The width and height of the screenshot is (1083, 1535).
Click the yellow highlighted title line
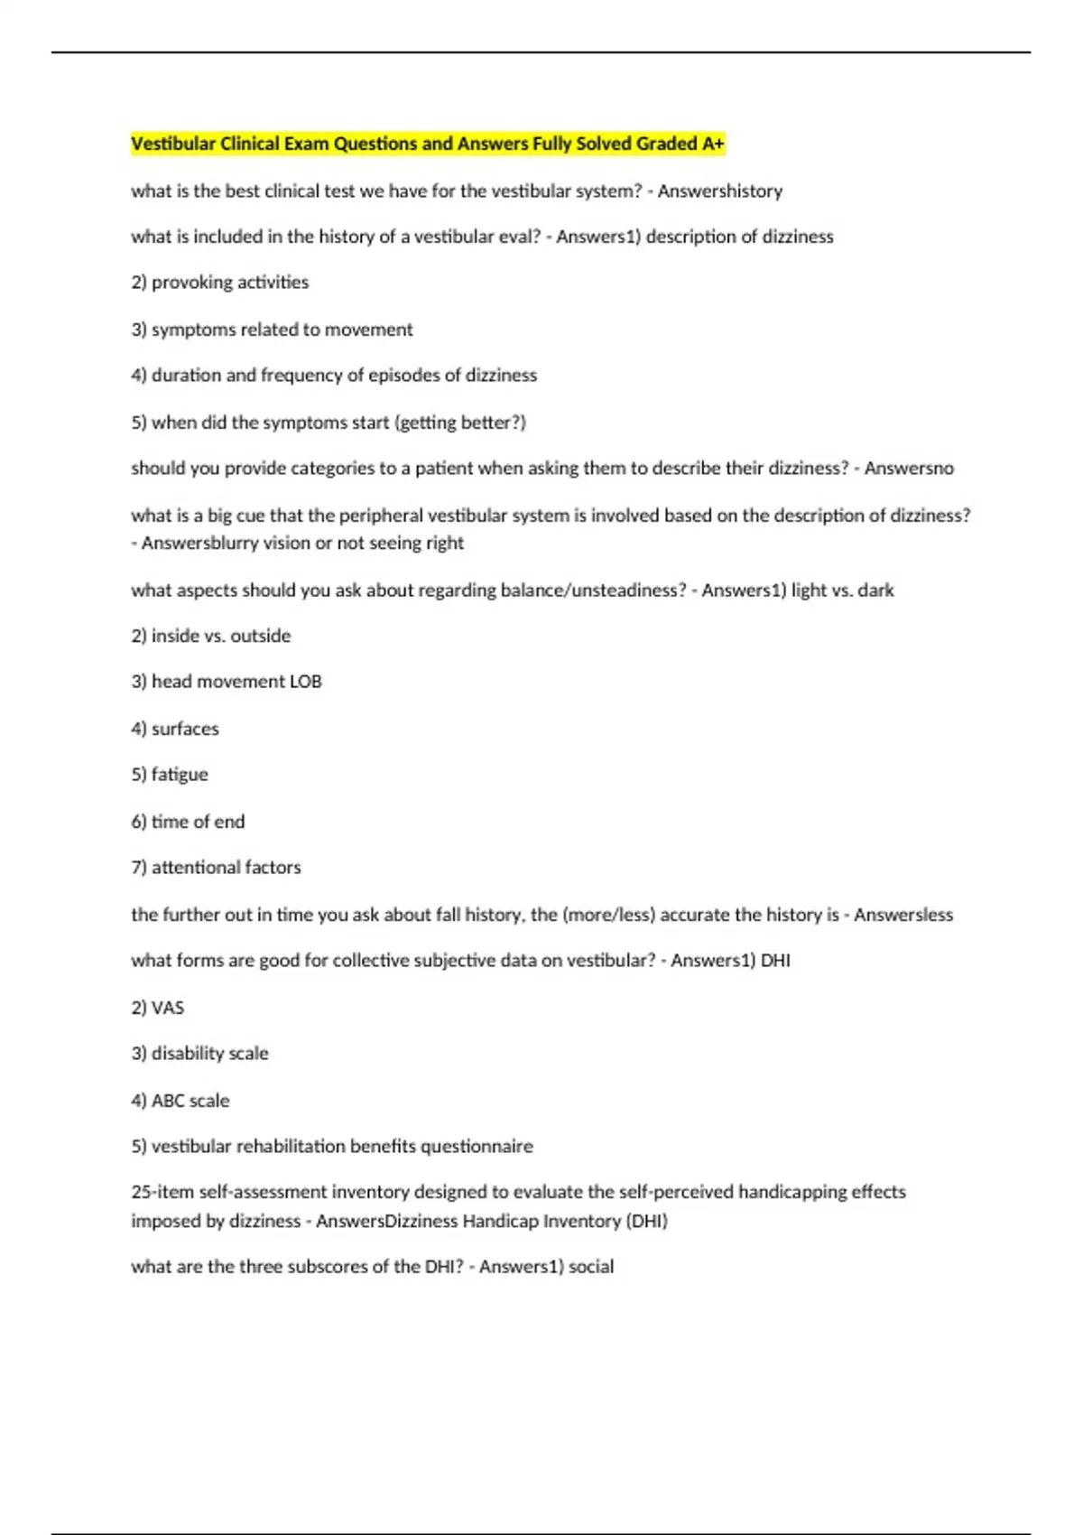click(427, 144)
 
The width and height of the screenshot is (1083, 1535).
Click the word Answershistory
click(719, 191)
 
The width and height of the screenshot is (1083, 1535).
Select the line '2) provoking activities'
click(219, 283)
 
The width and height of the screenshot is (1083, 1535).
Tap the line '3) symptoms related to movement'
click(272, 330)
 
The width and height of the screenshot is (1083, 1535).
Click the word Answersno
click(908, 469)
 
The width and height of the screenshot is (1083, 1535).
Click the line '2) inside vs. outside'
click(210, 636)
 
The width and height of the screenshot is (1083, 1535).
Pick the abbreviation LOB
click(305, 682)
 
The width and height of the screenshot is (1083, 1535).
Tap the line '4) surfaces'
click(174, 729)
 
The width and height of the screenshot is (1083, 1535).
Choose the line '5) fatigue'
click(169, 775)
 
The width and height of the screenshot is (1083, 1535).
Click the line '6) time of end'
click(188, 822)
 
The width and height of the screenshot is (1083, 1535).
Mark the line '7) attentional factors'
click(216, 868)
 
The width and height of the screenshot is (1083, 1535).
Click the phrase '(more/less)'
click(608, 915)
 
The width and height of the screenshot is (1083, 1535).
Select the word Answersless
click(902, 915)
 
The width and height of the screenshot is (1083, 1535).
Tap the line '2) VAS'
click(157, 1008)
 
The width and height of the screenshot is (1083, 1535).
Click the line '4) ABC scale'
click(180, 1101)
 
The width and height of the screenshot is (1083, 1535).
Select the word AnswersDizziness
click(386, 1222)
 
